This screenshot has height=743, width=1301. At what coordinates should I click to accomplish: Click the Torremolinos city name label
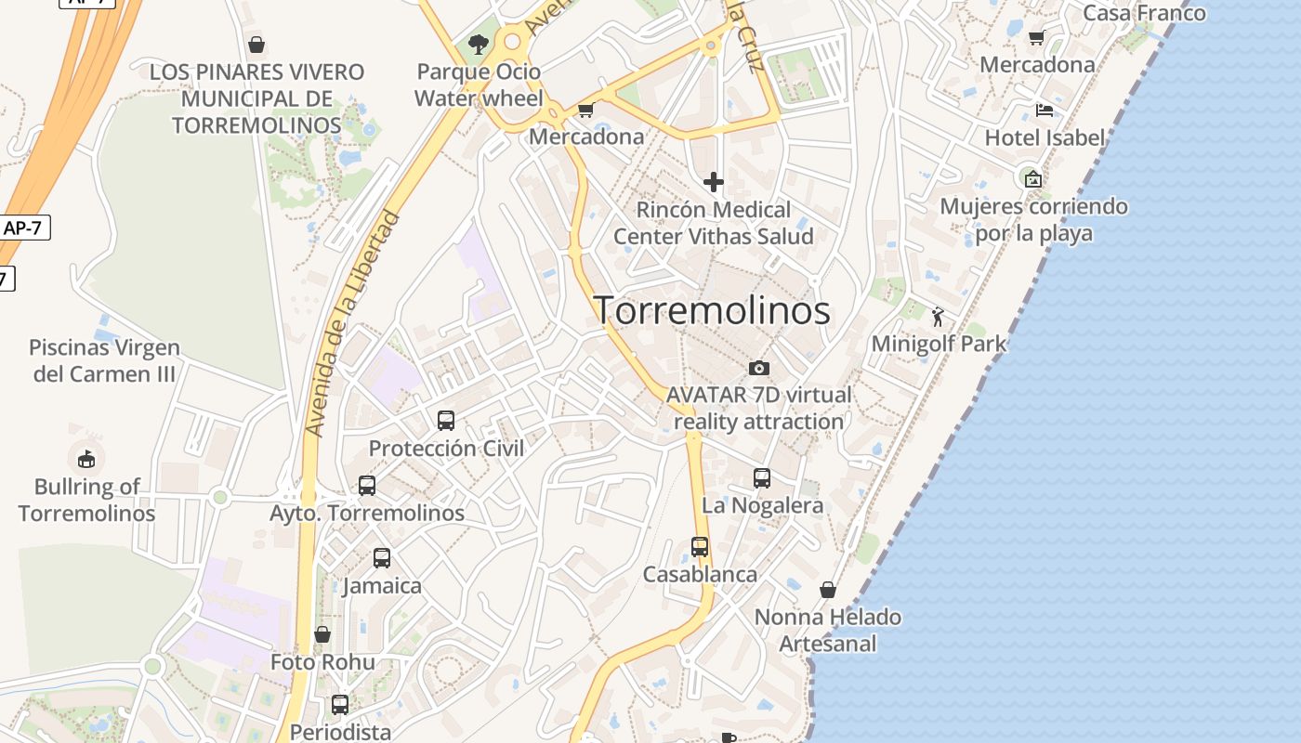click(x=712, y=310)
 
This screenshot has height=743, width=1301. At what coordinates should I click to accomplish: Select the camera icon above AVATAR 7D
click(x=759, y=368)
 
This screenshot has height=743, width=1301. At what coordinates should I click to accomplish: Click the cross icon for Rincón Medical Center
click(x=714, y=181)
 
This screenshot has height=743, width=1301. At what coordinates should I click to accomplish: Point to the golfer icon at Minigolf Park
click(x=938, y=318)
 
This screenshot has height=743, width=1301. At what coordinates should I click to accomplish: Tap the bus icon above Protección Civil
click(x=446, y=420)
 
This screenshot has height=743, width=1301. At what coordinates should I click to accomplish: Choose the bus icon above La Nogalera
click(x=762, y=478)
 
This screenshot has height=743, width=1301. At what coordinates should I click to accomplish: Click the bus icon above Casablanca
click(x=700, y=547)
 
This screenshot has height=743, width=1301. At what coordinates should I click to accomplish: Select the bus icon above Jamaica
click(x=382, y=558)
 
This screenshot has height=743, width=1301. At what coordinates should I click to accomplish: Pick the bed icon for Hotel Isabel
click(x=1045, y=111)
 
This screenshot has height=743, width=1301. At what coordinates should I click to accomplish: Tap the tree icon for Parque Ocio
click(x=479, y=44)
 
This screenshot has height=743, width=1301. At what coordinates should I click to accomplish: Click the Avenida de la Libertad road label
click(x=353, y=325)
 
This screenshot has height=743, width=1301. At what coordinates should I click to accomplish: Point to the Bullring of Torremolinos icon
click(x=85, y=459)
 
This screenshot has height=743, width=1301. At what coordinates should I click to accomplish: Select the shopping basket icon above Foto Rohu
click(x=322, y=634)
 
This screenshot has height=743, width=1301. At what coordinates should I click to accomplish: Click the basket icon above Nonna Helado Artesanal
click(x=828, y=590)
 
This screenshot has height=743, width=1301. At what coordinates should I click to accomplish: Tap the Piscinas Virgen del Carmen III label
click(x=104, y=360)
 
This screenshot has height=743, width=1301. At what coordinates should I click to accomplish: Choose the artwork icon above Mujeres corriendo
click(x=1032, y=178)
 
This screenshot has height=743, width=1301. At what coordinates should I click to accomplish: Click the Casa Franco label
click(x=1144, y=13)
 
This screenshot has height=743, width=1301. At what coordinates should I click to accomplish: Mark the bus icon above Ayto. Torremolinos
click(x=367, y=485)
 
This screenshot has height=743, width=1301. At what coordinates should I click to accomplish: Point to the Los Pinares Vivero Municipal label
click(x=256, y=98)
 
